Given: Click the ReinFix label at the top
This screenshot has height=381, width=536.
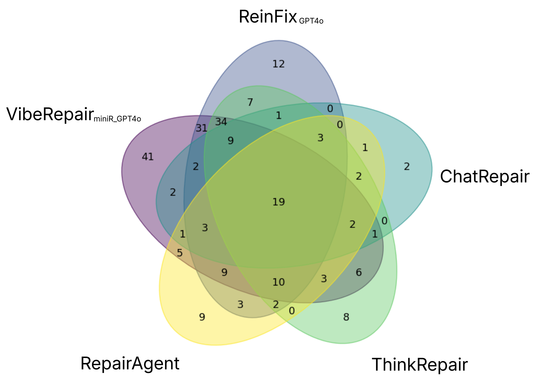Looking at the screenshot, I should (x=267, y=17).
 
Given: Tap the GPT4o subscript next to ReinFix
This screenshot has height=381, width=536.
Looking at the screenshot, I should (x=311, y=21).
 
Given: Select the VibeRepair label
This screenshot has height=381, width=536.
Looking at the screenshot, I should (x=50, y=114).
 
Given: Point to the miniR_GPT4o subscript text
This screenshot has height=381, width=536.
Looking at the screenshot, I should (x=117, y=119).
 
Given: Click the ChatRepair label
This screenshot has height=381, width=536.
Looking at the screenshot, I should (x=484, y=176).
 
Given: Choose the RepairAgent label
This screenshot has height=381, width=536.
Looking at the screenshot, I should (x=130, y=364).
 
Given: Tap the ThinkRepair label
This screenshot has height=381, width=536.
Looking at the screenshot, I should (x=420, y=365).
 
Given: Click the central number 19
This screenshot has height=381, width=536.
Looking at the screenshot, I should (x=279, y=202).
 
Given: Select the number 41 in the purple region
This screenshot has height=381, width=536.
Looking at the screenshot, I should (x=148, y=157).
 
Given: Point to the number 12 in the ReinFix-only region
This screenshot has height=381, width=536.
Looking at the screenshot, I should (x=278, y=64).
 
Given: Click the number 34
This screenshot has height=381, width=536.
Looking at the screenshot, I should (x=221, y=122).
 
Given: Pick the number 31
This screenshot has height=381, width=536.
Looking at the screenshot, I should (x=202, y=129).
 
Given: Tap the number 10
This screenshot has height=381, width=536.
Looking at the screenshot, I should (x=279, y=282).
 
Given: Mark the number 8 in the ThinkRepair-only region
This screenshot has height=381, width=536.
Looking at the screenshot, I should (x=346, y=317).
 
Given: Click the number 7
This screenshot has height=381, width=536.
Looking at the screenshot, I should (x=250, y=102).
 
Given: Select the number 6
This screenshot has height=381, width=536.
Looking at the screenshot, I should (x=359, y=272).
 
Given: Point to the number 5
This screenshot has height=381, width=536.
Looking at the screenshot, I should (x=180, y=253).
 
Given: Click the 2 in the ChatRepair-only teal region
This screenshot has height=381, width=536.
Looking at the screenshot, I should (x=406, y=167).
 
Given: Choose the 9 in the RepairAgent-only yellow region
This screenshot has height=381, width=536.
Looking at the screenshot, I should (x=202, y=317).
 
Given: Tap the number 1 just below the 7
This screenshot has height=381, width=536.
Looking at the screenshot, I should (x=278, y=116).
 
